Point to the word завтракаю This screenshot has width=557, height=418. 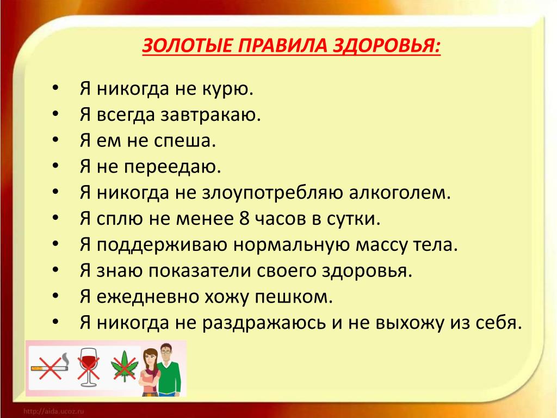[211, 115]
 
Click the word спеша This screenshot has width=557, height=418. [185, 141]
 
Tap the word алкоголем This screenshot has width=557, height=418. [400, 193]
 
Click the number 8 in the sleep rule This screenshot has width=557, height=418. [244, 218]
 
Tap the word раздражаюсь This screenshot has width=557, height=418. [264, 323]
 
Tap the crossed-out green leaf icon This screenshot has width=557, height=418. [124, 366]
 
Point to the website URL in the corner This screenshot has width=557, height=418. [54, 411]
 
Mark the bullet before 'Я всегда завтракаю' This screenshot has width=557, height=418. [55, 114]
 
